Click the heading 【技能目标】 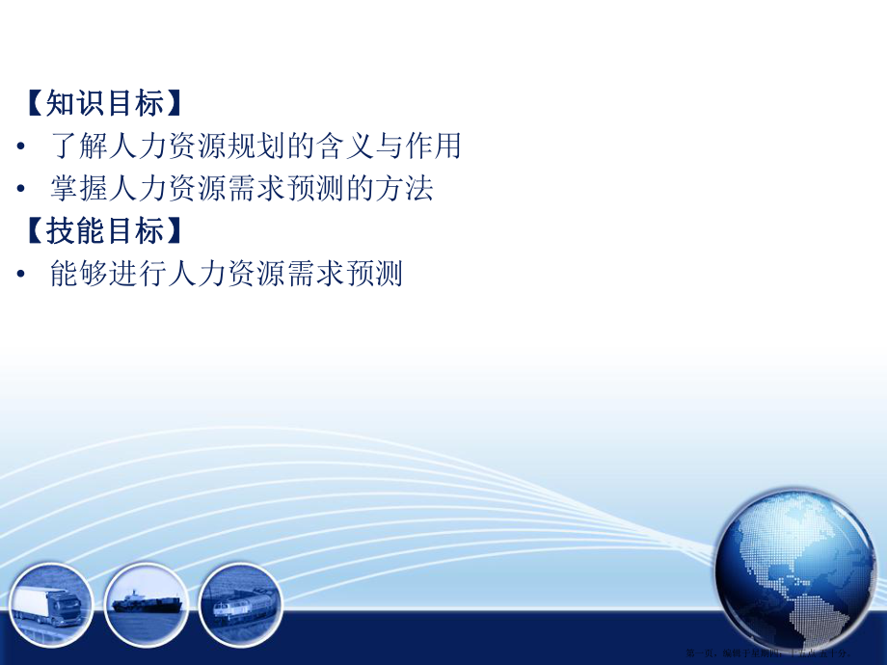coord(100,232)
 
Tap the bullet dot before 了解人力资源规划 coord(21,147)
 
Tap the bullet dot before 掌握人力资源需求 coord(21,190)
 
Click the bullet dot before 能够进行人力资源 coord(21,276)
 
